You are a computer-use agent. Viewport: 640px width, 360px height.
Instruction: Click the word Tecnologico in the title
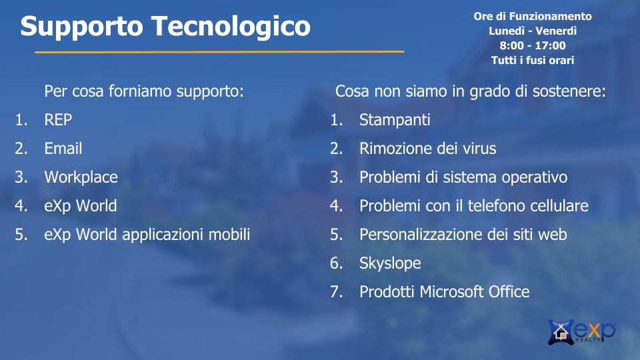pyautogui.click(x=231, y=27)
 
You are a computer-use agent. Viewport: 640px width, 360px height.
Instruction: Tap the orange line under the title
pyautogui.click(x=219, y=52)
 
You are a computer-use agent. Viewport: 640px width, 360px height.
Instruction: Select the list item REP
pyautogui.click(x=58, y=119)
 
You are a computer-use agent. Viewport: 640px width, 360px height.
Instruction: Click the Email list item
pyautogui.click(x=63, y=148)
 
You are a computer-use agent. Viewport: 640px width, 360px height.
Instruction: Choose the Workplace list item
pyautogui.click(x=81, y=177)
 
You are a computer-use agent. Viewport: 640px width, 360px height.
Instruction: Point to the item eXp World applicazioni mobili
pyautogui.click(x=147, y=235)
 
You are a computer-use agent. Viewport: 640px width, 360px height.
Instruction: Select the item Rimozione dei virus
pyautogui.click(x=428, y=149)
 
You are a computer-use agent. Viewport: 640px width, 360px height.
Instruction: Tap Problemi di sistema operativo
pyautogui.click(x=463, y=177)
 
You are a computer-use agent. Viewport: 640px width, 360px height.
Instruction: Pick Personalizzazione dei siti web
pyautogui.click(x=463, y=235)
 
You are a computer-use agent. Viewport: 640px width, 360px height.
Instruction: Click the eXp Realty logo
pyautogui.click(x=581, y=331)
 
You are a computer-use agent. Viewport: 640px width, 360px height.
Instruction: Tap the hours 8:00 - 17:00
pyautogui.click(x=533, y=45)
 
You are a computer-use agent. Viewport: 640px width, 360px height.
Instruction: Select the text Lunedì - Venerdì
pyautogui.click(x=533, y=31)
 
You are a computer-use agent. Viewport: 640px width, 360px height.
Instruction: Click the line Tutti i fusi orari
pyautogui.click(x=533, y=60)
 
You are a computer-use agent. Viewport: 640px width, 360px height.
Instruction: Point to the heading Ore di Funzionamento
pyautogui.click(x=533, y=16)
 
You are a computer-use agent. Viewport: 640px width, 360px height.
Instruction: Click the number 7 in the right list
pyautogui.click(x=335, y=292)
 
